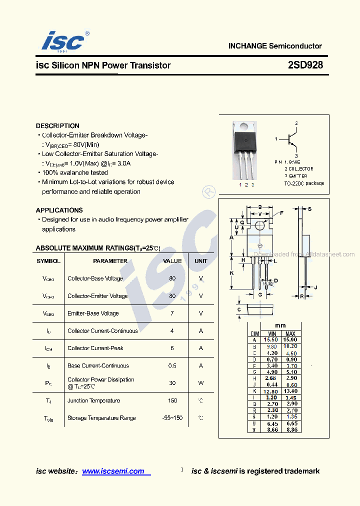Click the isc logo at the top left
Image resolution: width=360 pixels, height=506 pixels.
pyautogui.click(x=62, y=41)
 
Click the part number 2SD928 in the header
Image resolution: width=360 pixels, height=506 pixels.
pyautogui.click(x=305, y=65)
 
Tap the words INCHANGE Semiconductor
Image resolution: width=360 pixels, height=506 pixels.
pyautogui.click(x=275, y=46)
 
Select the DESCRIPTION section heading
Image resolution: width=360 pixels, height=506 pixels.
pyautogui.click(x=57, y=126)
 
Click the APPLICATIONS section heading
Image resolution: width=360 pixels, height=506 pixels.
pyautogui.click(x=59, y=210)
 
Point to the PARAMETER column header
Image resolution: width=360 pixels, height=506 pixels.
pyautogui.click(x=110, y=261)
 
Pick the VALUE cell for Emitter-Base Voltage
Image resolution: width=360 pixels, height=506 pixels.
pyautogui.click(x=172, y=313)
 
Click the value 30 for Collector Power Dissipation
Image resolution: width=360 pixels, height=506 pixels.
pyautogui.click(x=172, y=383)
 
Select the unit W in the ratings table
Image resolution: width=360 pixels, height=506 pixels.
pyautogui.click(x=201, y=383)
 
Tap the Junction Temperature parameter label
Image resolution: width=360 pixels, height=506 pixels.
pyautogui.click(x=93, y=400)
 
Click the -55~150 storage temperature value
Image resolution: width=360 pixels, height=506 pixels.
pyautogui.click(x=172, y=418)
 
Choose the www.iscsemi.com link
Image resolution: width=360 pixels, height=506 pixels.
pyautogui.click(x=113, y=471)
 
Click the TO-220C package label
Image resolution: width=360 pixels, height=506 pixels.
pyautogui.click(x=303, y=183)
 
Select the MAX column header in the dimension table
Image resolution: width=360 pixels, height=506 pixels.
pyautogui.click(x=290, y=334)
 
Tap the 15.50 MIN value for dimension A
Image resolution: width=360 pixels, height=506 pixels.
pyautogui.click(x=272, y=340)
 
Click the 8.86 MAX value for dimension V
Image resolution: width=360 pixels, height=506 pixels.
pyautogui.click(x=290, y=429)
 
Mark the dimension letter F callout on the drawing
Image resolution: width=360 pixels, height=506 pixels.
pyautogui.click(x=281, y=213)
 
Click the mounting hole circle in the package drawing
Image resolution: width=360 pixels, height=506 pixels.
pyautogui.click(x=259, y=226)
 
